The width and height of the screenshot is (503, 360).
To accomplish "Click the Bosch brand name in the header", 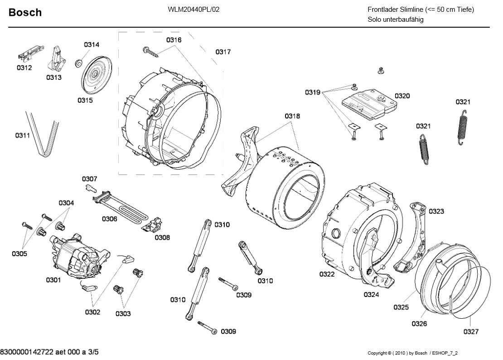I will click(25, 12).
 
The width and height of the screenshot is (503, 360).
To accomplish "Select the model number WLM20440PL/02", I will click(193, 10).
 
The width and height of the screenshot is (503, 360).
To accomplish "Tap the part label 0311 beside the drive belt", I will click(23, 135).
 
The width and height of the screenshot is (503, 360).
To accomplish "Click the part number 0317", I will click(223, 52).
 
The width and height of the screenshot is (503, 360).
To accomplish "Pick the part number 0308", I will click(162, 237).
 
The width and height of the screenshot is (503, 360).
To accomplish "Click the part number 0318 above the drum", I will click(292, 117).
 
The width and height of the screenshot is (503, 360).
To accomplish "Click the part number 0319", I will click(313, 92).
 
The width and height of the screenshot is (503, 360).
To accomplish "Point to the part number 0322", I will click(327, 274).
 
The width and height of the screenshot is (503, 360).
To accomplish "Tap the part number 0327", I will click(471, 331).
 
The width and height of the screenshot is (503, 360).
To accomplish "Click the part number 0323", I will click(436, 211).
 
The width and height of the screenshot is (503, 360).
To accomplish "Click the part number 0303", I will click(123, 313).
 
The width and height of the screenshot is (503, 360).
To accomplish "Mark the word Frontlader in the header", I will click(384, 10).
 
